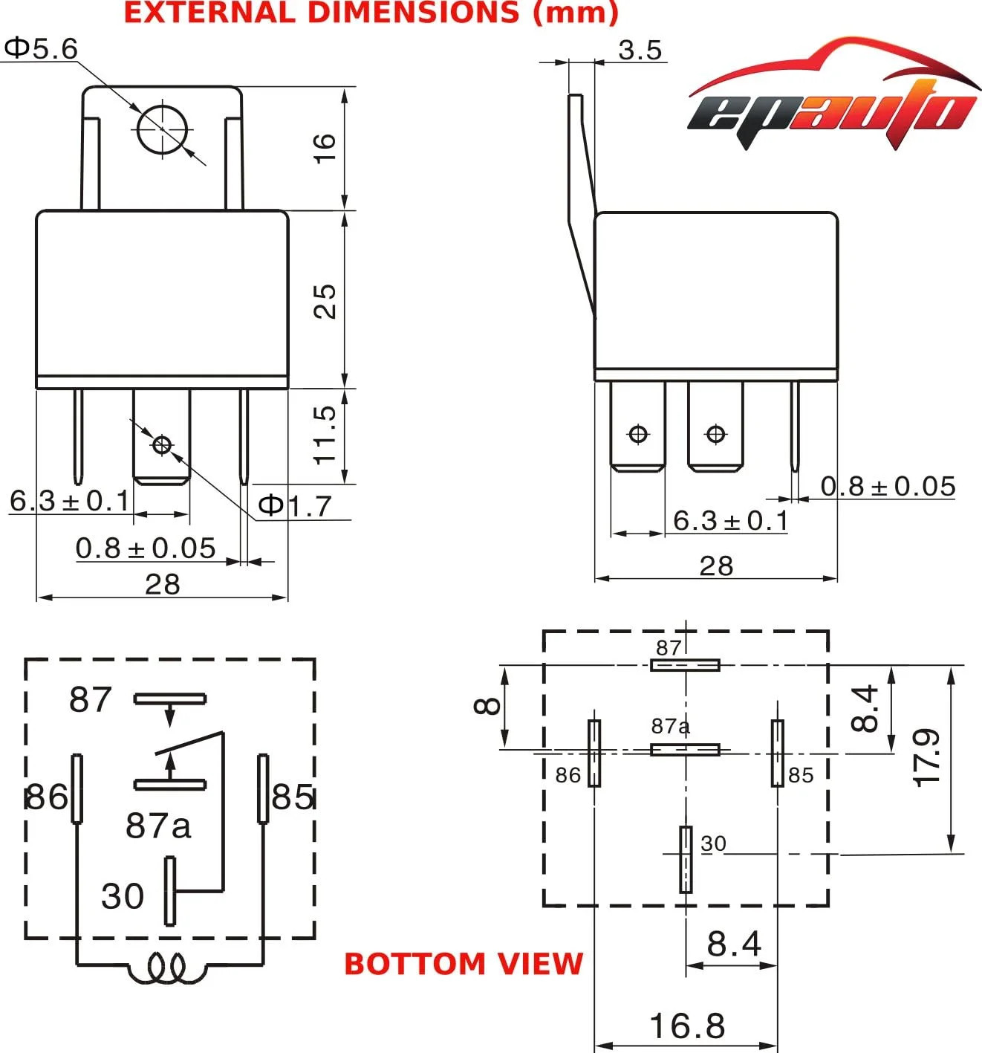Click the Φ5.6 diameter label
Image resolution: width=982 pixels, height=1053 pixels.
[x=42, y=49]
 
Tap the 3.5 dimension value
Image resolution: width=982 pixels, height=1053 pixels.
[x=640, y=51]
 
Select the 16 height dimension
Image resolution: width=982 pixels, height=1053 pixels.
[x=325, y=149]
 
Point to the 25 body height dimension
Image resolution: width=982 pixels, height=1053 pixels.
[x=325, y=301]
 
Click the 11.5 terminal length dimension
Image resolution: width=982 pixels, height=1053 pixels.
[x=325, y=435]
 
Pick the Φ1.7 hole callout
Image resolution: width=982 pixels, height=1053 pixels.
[x=295, y=505]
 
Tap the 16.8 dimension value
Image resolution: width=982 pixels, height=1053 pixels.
[x=687, y=1026]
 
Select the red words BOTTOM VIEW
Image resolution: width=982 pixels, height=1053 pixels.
[x=464, y=963]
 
